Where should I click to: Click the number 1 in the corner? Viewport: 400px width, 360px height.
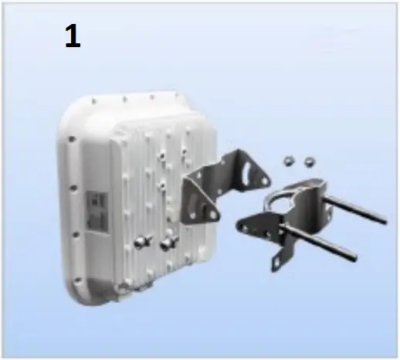pos(73,38)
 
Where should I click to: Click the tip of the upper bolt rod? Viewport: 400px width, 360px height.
pos(385,222)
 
